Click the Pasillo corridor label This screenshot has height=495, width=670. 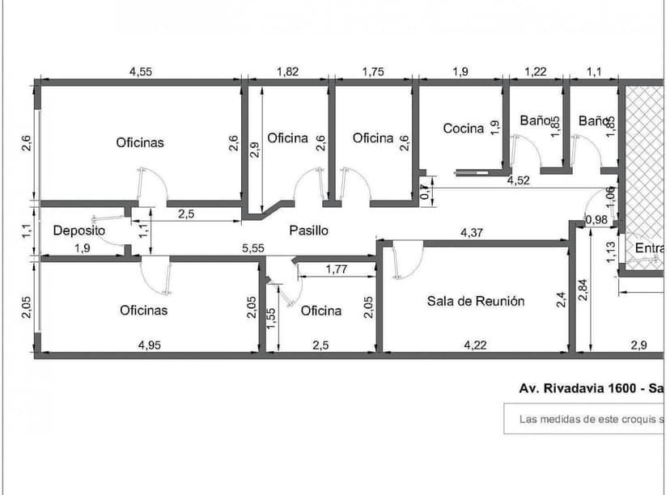[309, 231]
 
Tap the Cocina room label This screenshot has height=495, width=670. [463, 128]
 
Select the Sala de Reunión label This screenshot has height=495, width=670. [476, 301]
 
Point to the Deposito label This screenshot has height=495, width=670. [79, 231]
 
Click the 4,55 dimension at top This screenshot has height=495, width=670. [141, 71]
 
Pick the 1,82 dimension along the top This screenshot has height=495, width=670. [287, 71]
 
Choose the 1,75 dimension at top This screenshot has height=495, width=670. [373, 71]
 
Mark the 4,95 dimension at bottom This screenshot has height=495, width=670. [149, 345]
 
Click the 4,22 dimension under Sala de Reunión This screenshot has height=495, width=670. [475, 345]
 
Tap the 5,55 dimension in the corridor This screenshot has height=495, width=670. [253, 249]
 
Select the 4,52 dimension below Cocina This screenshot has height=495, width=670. [518, 180]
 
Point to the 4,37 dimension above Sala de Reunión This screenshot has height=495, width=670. [473, 233]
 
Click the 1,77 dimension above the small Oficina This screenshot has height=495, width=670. [337, 269]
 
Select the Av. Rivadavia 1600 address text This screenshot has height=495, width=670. [581, 387]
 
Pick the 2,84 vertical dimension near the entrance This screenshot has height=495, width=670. [584, 289]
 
